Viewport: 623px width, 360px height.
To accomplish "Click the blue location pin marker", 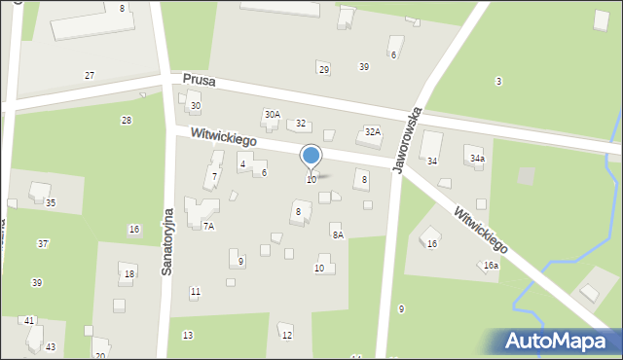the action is [311, 156].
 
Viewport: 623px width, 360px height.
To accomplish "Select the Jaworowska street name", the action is [407, 140].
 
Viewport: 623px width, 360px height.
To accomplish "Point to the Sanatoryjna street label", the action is [167, 240].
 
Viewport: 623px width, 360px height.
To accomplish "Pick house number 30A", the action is [273, 114].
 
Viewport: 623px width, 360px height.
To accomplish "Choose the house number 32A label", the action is [372, 131].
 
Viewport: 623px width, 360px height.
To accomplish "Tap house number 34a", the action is [477, 158].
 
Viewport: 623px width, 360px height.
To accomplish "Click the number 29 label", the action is [324, 69].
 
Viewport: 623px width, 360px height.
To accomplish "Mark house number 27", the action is [90, 76].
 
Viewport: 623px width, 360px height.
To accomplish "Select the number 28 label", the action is [126, 121].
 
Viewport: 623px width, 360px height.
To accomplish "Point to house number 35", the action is [50, 203].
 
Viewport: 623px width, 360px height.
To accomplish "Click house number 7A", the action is [208, 226].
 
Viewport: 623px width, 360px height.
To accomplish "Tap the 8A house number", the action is [338, 234].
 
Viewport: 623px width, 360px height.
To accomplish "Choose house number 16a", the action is [492, 265].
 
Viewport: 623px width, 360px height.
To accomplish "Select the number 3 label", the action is [498, 82].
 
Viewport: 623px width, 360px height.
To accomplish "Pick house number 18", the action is [129, 274].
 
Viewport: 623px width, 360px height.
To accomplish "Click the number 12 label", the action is [286, 336].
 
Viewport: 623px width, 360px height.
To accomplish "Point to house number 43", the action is [51, 347].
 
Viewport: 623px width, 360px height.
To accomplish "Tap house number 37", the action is [43, 243].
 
